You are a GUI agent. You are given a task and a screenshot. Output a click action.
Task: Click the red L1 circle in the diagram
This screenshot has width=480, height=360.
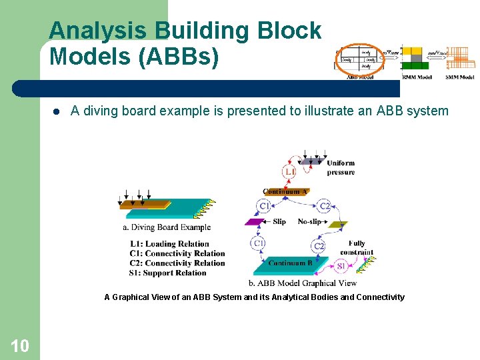(289, 173)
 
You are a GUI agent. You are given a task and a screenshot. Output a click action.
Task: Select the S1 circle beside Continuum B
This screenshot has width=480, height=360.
(341, 266)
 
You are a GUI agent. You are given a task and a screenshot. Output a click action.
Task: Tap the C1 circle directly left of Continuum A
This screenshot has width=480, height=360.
(265, 207)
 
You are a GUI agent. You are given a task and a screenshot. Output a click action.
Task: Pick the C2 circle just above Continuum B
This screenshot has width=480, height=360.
(319, 247)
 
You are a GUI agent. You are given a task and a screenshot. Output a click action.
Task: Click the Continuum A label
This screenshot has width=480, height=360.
(285, 192)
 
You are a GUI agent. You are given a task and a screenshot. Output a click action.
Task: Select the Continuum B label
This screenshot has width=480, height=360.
(290, 263)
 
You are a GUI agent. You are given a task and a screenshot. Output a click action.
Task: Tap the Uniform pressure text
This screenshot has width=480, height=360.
(341, 167)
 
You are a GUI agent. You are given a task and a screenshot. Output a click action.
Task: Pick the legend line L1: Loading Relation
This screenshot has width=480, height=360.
(169, 244)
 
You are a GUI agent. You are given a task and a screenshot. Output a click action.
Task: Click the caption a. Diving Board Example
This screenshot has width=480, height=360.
(167, 227)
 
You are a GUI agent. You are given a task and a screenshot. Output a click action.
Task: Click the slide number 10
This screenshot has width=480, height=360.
(19, 345)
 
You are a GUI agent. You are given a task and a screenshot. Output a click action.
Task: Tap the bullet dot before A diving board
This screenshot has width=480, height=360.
(57, 111)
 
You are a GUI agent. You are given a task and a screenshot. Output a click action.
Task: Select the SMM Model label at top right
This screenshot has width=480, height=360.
(460, 77)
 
